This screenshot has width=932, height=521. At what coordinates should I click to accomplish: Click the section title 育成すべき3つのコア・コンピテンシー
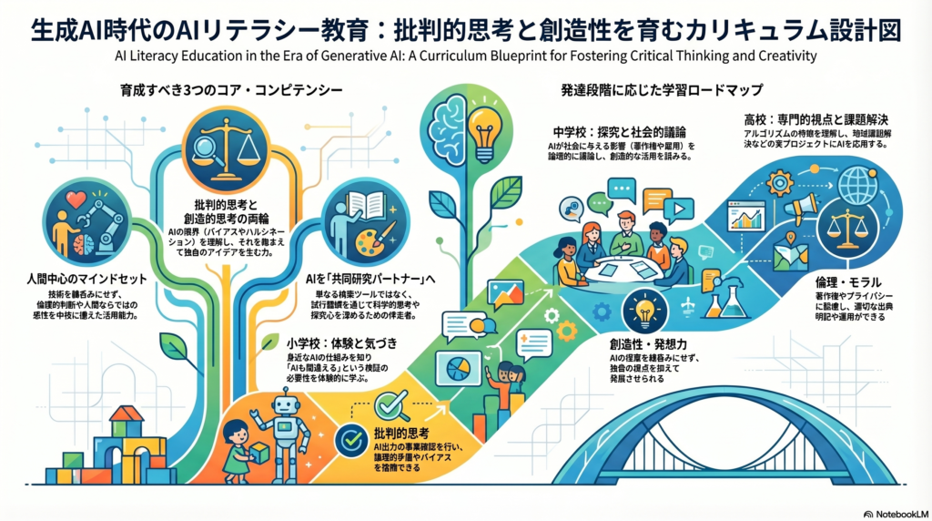[231, 90]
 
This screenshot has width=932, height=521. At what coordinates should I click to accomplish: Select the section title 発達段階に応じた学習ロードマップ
[662, 90]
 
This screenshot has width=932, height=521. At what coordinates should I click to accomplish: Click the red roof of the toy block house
[127, 414]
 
